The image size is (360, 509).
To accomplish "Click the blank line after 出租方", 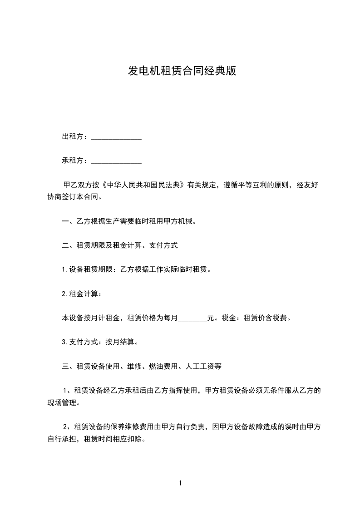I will click(x=116, y=137).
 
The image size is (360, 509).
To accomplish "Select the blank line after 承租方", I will click(x=116, y=161).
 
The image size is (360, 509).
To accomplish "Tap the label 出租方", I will click(x=73, y=137).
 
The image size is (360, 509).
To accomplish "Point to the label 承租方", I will click(x=73, y=161).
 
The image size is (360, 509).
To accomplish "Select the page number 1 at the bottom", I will click(x=180, y=483).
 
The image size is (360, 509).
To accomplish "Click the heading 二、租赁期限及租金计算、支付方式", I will click(x=120, y=245).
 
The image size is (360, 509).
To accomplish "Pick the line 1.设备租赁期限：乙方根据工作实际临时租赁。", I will click(x=136, y=269).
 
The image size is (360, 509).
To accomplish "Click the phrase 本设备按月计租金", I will click(x=90, y=318).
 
